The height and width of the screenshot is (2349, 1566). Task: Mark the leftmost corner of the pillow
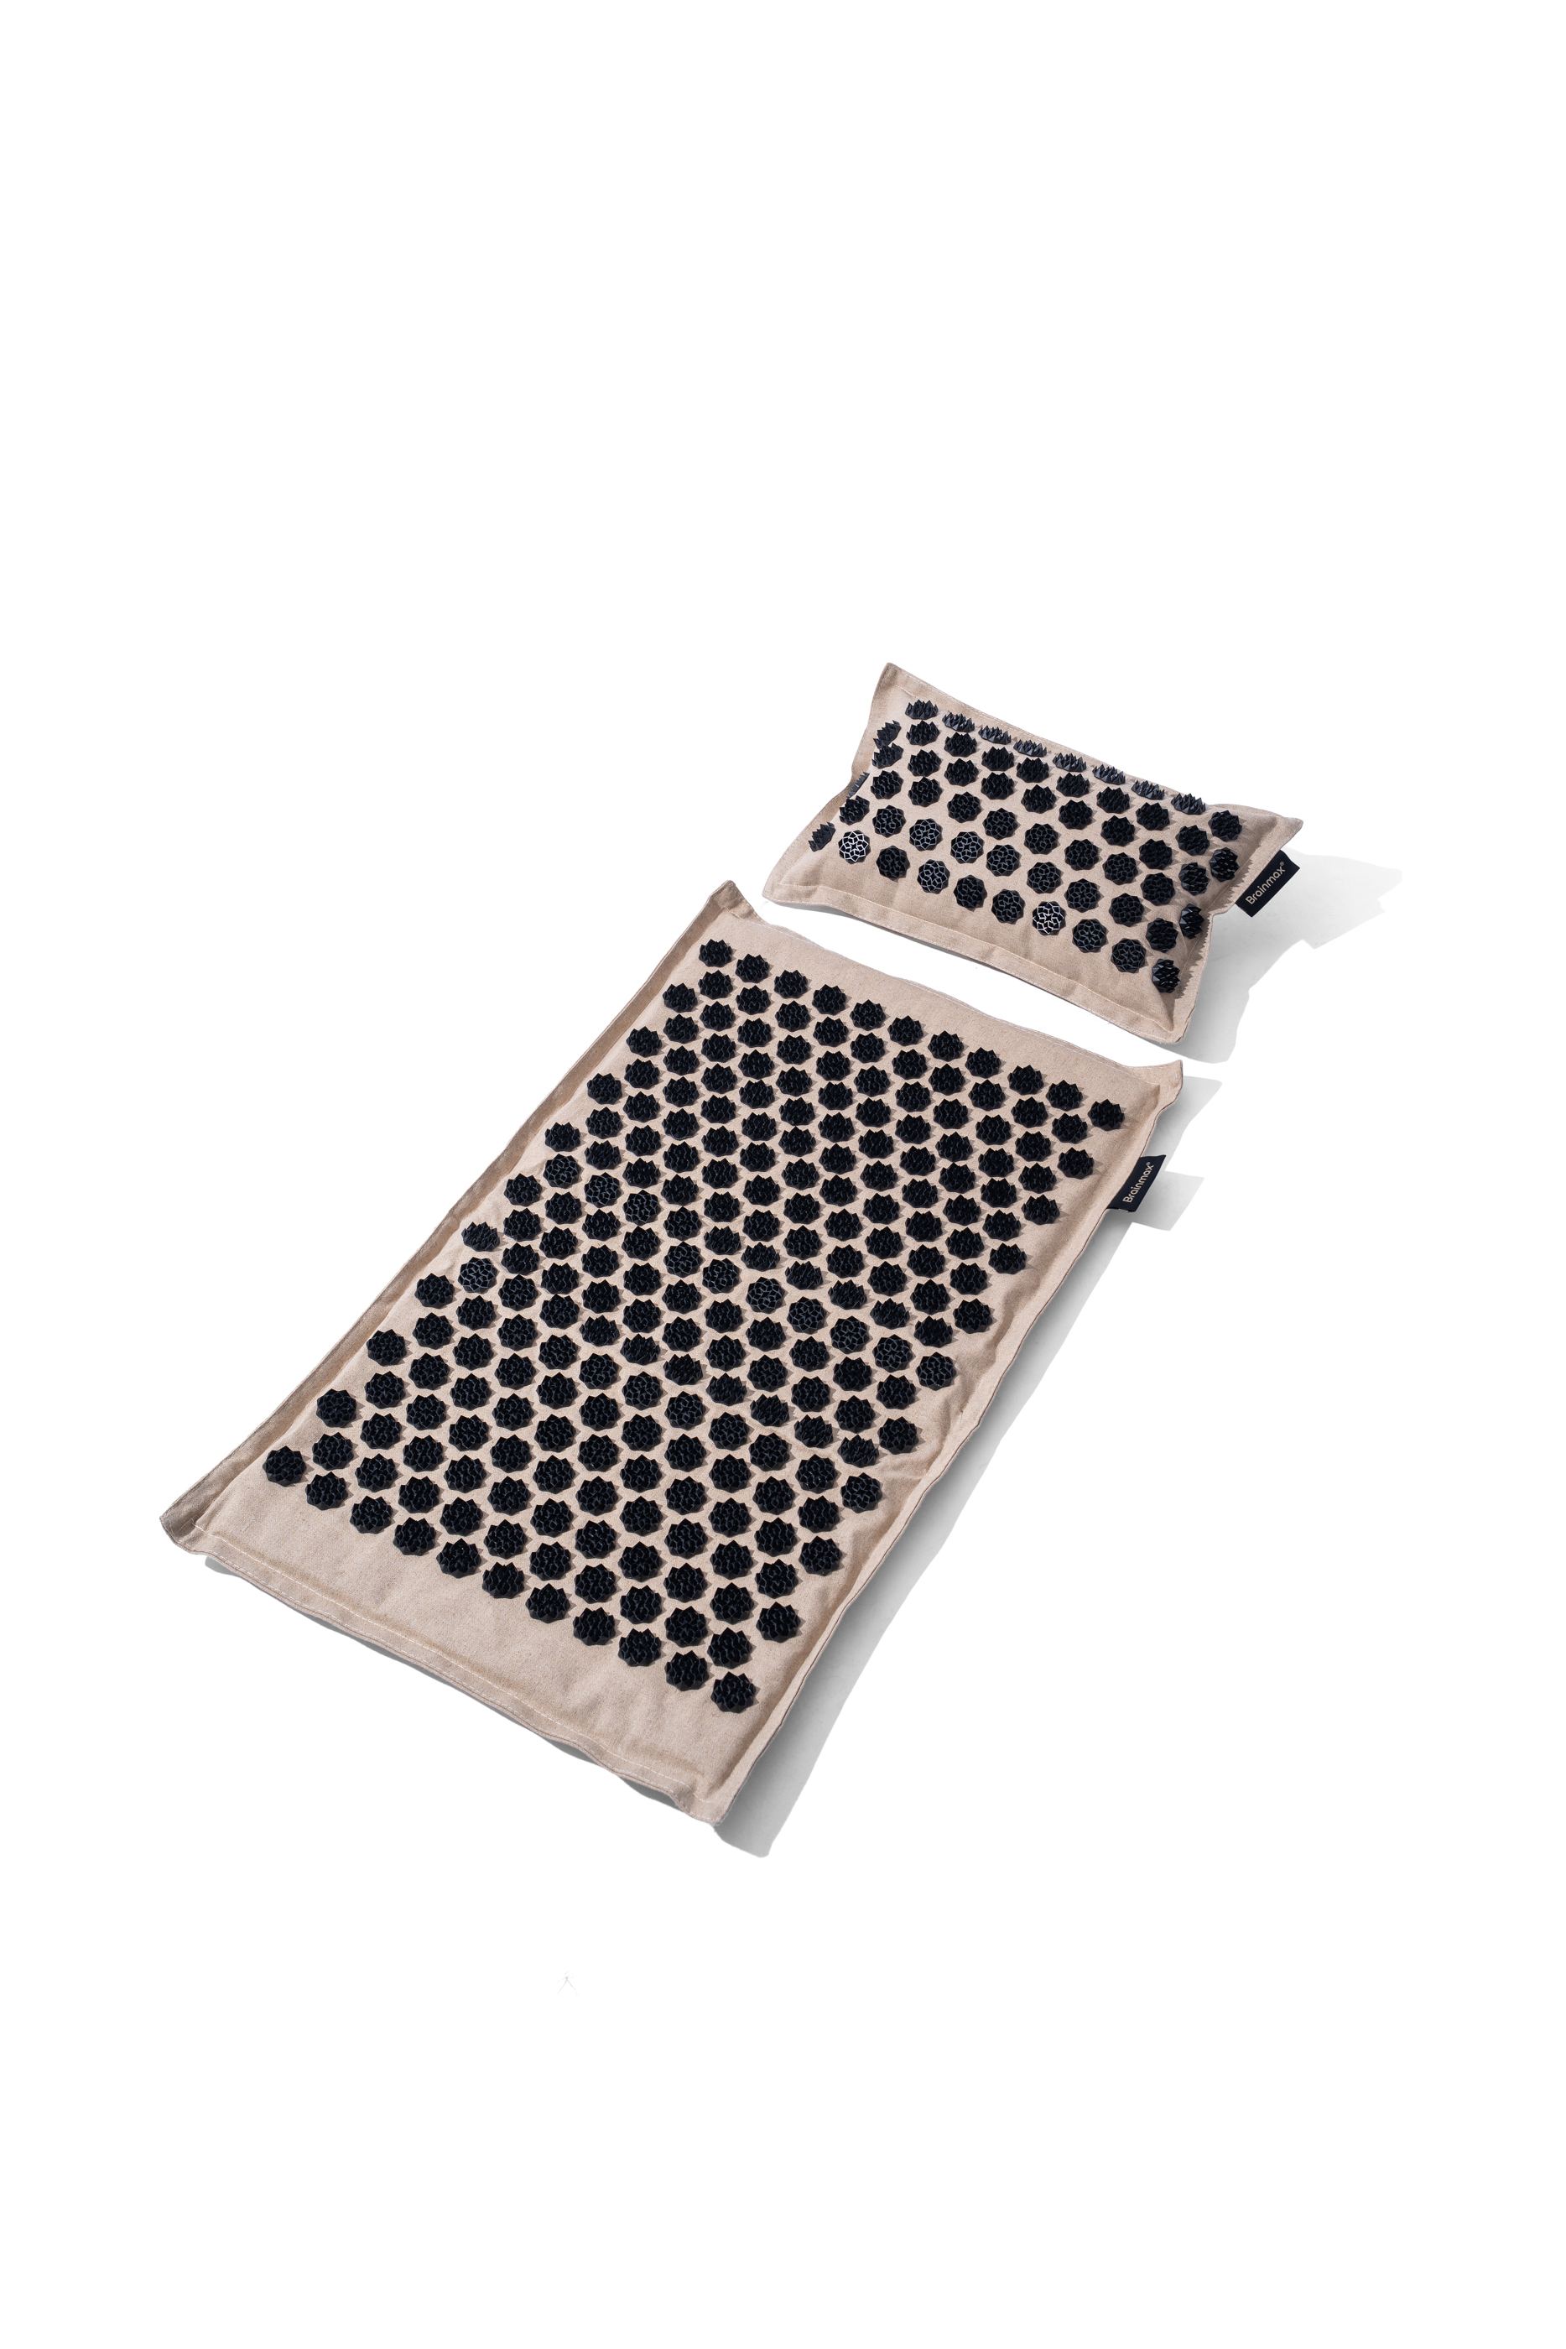tap(763, 893)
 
